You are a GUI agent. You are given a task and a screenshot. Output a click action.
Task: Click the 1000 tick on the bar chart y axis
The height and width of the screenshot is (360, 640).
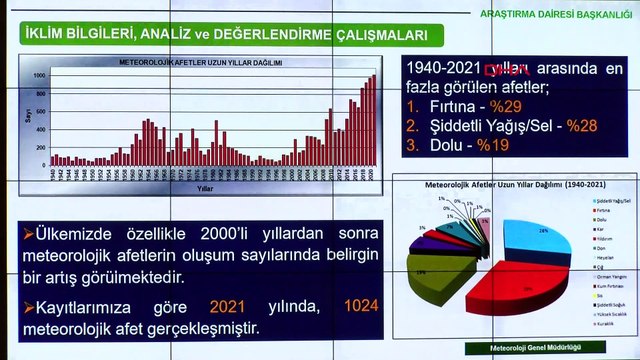(38, 76)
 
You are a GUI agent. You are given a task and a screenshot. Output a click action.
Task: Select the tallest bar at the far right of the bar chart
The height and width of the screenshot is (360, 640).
(374, 120)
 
